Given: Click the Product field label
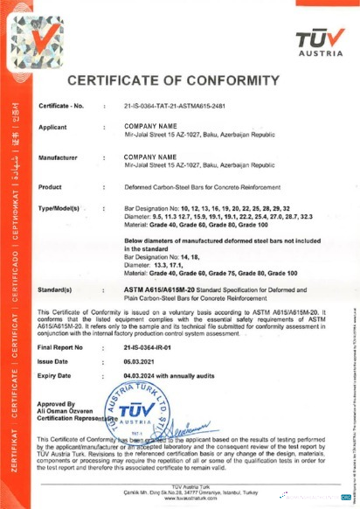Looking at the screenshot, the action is [52, 186].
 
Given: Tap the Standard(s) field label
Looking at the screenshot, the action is [60, 287].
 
